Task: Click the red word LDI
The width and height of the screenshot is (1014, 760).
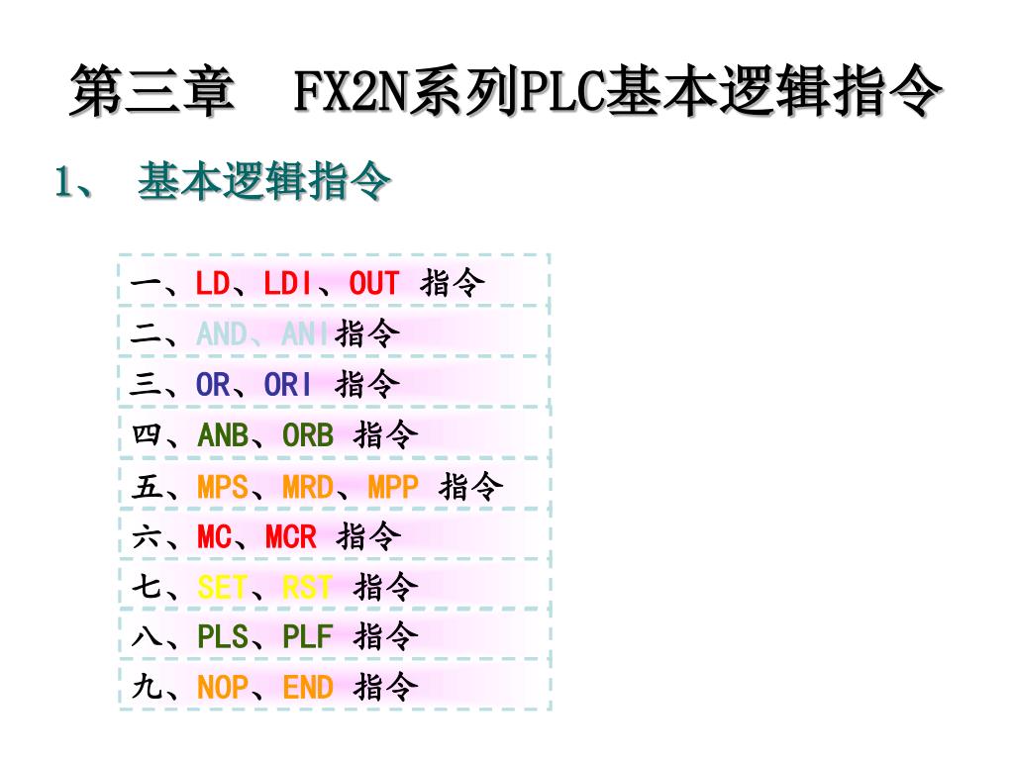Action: (x=287, y=284)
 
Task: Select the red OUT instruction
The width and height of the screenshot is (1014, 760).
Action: (x=373, y=284)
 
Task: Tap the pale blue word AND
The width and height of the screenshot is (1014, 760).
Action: (x=222, y=334)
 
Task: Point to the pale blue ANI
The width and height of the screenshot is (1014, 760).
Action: (x=306, y=334)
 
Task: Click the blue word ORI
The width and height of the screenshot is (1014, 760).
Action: (x=287, y=384)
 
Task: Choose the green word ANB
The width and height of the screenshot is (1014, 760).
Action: (x=223, y=434)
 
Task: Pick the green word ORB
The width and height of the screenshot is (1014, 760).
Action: (x=308, y=434)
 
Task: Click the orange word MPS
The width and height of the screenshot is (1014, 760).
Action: (x=223, y=487)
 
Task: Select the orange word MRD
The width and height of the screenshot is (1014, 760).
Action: (x=308, y=487)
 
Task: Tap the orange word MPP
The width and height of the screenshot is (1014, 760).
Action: (x=393, y=487)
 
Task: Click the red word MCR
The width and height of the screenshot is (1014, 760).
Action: (x=290, y=537)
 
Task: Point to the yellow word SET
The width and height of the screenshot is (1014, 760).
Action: (x=223, y=588)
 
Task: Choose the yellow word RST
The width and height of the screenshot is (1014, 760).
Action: (x=308, y=588)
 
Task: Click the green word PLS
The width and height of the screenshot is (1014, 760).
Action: (x=223, y=637)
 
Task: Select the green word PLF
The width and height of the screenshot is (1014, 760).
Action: (x=308, y=637)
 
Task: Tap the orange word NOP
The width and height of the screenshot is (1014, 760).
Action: (x=223, y=688)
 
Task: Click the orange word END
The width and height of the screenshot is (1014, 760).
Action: (x=308, y=688)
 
